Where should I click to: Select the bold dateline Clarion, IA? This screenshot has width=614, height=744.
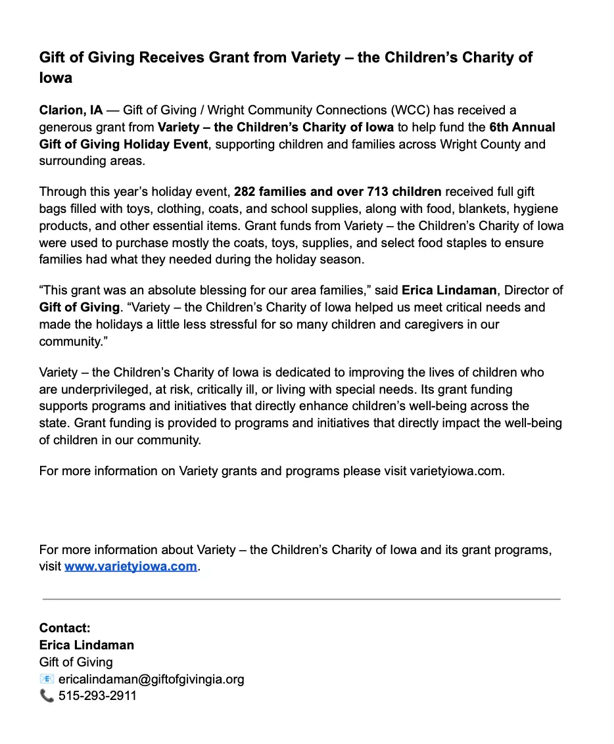pyautogui.click(x=71, y=110)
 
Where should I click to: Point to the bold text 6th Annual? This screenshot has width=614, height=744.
pyautogui.click(x=523, y=127)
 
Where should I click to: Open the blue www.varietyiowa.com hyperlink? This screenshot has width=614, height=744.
pyautogui.click(x=131, y=567)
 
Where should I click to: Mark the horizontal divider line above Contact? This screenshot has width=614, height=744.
pyautogui.click(x=301, y=599)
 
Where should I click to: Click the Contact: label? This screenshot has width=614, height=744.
pyautogui.click(x=65, y=628)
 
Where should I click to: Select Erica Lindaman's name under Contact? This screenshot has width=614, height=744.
pyautogui.click(x=87, y=645)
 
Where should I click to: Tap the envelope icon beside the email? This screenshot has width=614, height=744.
pyautogui.click(x=47, y=679)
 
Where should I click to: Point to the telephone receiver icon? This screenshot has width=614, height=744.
pyautogui.click(x=47, y=695)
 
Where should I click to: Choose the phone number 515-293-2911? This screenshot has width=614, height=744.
pyautogui.click(x=97, y=695)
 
